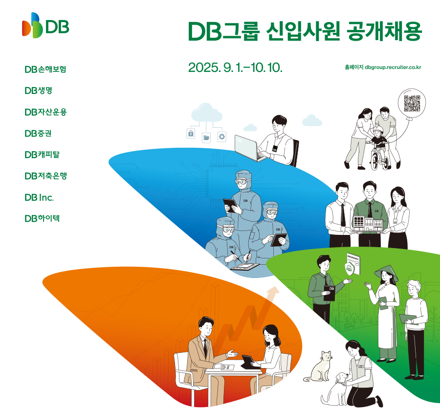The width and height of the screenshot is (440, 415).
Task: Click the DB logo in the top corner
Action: tap(45, 25)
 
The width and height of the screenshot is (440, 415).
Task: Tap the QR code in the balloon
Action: tap(412, 103)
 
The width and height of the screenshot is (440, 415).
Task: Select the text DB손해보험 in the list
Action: tap(45, 69)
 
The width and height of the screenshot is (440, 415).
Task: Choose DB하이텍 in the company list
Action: tap(42, 218)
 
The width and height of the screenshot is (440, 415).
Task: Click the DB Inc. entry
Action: tap(39, 198)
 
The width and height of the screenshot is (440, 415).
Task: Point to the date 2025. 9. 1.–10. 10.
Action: tap(235, 68)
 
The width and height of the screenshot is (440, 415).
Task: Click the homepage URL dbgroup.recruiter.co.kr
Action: tap(393, 68)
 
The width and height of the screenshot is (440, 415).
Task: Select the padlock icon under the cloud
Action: tap(191, 133)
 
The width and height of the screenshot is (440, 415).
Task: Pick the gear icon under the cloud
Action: tap(222, 137)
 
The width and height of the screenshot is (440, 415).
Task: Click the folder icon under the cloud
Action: tap(206, 138)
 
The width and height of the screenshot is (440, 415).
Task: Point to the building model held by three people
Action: tap(368, 224)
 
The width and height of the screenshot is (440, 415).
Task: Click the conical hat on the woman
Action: tap(387, 272)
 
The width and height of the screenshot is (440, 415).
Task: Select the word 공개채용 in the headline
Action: tap(384, 31)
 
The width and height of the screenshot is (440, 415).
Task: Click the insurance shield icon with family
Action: tap(350, 268)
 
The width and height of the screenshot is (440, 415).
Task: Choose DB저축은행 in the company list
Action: tap(46, 176)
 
